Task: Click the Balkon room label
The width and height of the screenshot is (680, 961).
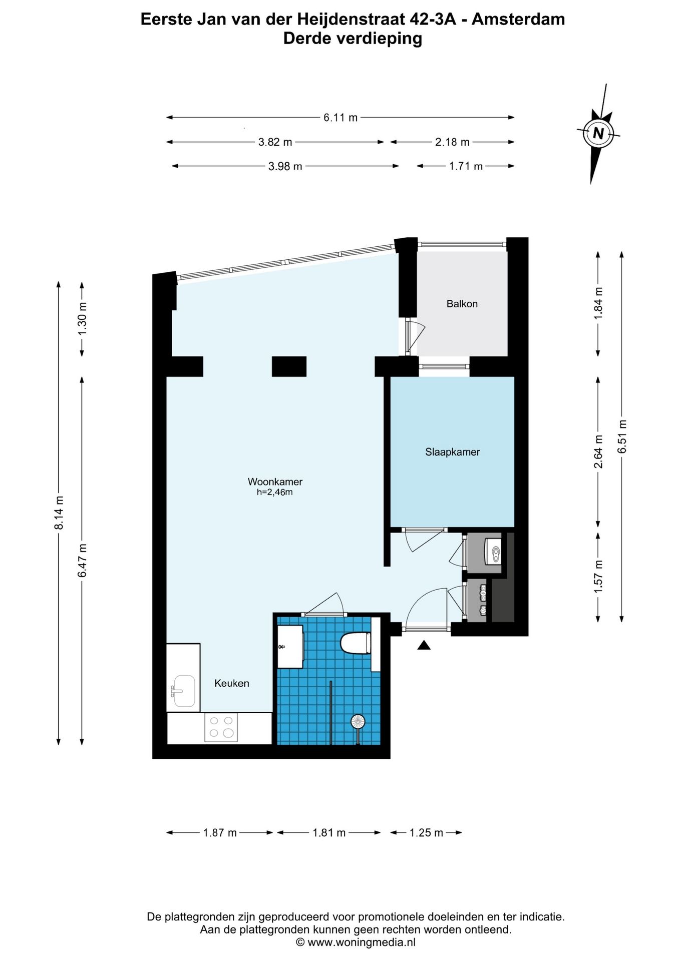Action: (462, 304)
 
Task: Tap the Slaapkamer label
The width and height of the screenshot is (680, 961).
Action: (452, 452)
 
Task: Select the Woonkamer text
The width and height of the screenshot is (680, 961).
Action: (275, 482)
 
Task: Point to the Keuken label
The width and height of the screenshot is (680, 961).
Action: (231, 683)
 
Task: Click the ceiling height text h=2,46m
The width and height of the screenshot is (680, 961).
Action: (274, 493)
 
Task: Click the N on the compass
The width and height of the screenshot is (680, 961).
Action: (598, 133)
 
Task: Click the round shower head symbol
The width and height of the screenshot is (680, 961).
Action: (358, 721)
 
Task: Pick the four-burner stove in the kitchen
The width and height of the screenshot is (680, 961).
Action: (221, 727)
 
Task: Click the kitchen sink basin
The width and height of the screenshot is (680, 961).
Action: (184, 691)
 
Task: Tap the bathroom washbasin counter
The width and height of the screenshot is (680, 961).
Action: (290, 646)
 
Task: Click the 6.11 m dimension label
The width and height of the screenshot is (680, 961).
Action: (340, 118)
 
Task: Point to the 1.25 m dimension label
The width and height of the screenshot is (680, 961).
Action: (426, 833)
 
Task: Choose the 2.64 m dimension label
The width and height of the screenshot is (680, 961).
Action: (598, 452)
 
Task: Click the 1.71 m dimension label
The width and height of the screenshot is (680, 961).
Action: (466, 166)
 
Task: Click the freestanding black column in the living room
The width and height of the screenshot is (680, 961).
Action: (289, 366)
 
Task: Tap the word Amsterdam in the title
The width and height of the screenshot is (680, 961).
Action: (518, 19)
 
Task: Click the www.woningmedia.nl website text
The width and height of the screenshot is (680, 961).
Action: (361, 942)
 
